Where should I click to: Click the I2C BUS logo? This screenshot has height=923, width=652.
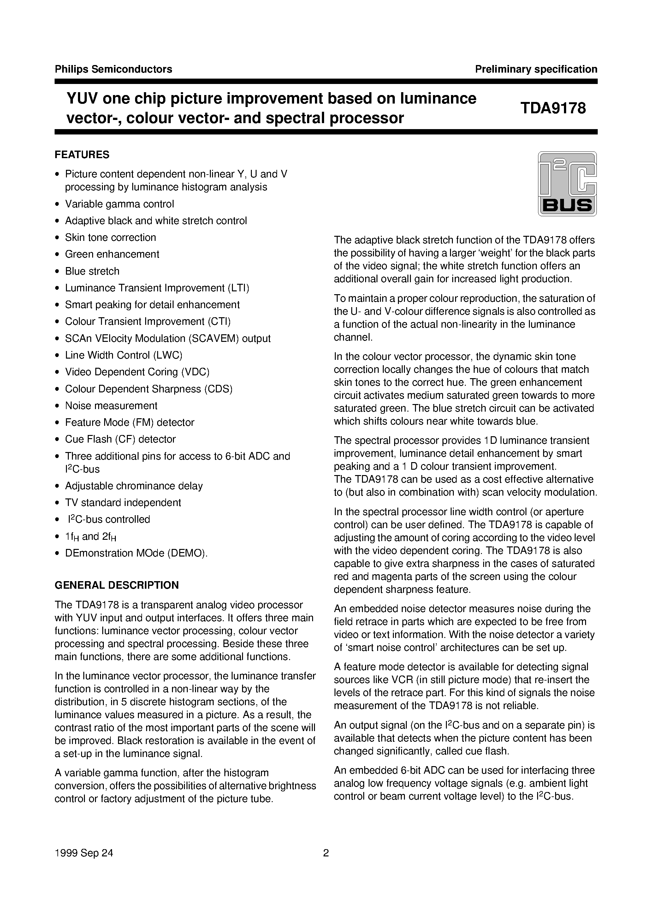pos(567,184)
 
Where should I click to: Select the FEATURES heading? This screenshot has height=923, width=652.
pos(82,155)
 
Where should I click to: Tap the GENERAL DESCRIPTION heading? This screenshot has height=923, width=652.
pos(116,585)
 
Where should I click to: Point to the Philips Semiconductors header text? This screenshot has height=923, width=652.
pos(113,69)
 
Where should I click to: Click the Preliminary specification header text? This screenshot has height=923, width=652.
pos(536,69)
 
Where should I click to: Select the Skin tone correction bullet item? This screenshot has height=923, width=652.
pos(110,238)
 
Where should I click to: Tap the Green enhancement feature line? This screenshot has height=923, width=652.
pos(112,254)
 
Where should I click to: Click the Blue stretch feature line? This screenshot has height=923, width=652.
pos(92,271)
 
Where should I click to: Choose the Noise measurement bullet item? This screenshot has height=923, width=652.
pos(111,406)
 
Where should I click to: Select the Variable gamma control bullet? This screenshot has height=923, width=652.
pos(119,204)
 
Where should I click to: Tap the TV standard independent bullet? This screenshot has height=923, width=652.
pos(123,503)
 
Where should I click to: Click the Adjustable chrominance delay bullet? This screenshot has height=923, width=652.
pos(134,486)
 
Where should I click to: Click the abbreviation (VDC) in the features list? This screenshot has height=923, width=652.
pos(195,372)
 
